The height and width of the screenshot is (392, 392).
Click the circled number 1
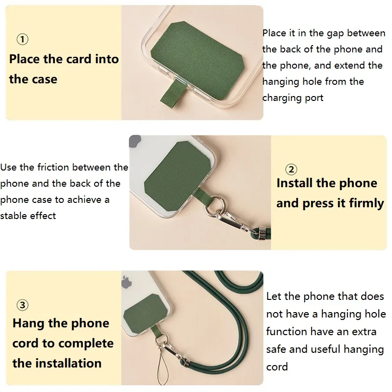(23, 39)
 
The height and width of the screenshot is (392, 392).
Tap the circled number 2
(291, 170)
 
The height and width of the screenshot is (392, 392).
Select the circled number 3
(23, 305)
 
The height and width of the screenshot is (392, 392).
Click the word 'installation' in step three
(68, 363)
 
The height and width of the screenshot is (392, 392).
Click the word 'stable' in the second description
(15, 216)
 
